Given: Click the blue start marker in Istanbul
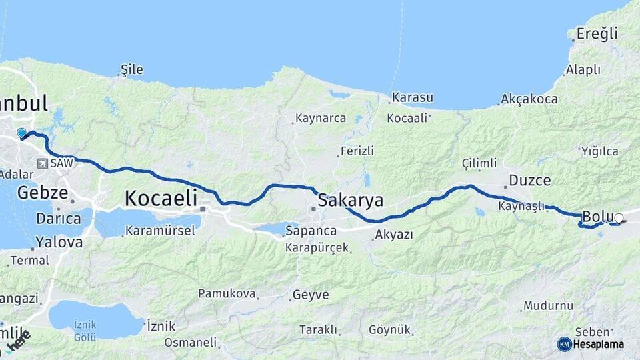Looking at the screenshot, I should click(x=21, y=133).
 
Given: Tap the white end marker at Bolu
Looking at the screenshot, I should click(x=619, y=218).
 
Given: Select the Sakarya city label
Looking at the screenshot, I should click(x=351, y=199).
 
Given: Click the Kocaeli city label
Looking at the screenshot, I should click(x=161, y=197).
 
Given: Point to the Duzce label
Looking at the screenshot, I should click(x=529, y=180).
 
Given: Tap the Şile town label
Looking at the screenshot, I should click(x=131, y=69).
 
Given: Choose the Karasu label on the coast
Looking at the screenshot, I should click(x=413, y=98).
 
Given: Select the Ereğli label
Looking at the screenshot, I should click(x=597, y=33).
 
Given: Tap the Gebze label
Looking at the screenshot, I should click(x=43, y=193).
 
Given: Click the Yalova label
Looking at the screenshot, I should click(x=59, y=241).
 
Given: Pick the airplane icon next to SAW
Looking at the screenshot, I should click(x=43, y=163).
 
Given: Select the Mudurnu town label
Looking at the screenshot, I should click(x=549, y=306).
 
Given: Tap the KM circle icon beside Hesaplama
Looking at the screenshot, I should click(x=565, y=344).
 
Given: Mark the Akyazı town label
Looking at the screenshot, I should click(x=394, y=235).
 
